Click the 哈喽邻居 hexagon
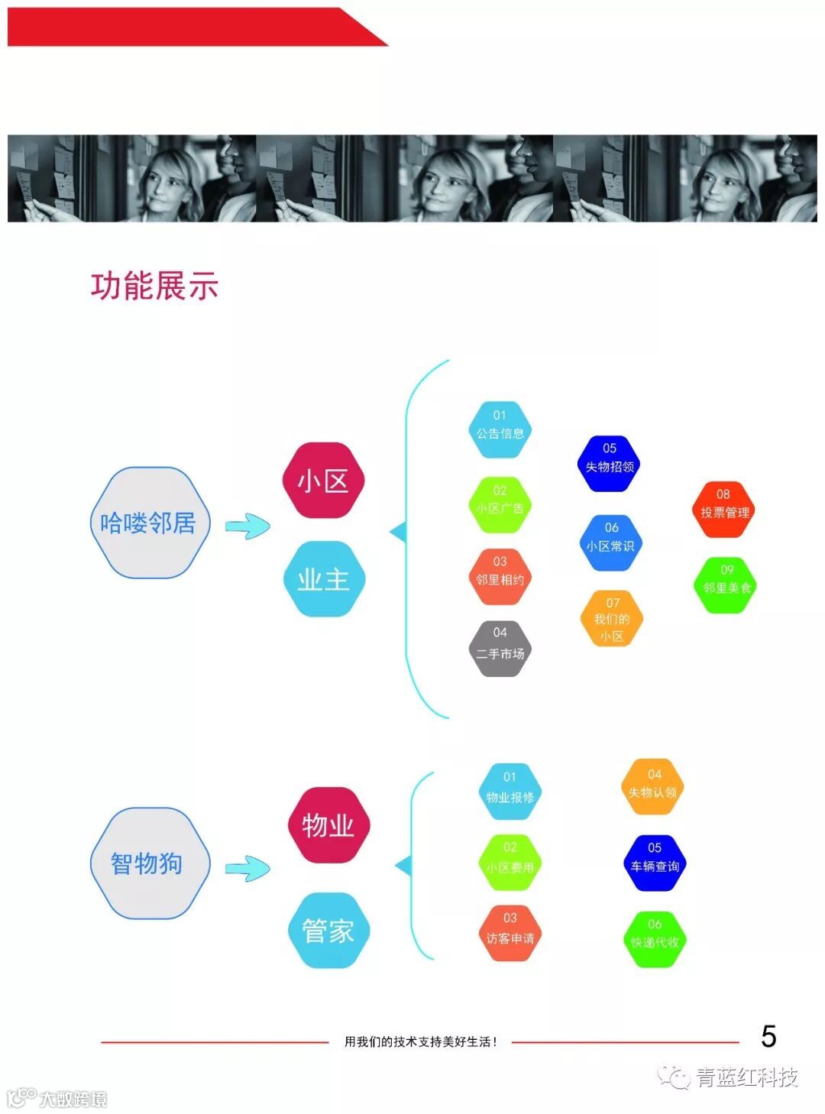pyautogui.click(x=149, y=523)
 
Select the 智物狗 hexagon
pyautogui.click(x=149, y=863)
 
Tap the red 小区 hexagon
pyautogui.click(x=323, y=481)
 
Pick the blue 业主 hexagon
pyautogui.click(x=323, y=578)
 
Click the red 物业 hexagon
pyautogui.click(x=328, y=825)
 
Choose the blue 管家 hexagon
pyautogui.click(x=328, y=930)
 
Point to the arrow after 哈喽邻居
pyautogui.click(x=247, y=526)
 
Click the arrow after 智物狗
pyautogui.click(x=247, y=868)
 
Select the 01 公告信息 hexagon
pyautogui.click(x=500, y=429)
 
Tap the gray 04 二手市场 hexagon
pyautogui.click(x=500, y=649)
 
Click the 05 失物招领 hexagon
pyautogui.click(x=610, y=462)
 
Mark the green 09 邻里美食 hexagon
pyautogui.click(x=726, y=585)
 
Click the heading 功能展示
pyautogui.click(x=155, y=286)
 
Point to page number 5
pyautogui.click(x=768, y=1037)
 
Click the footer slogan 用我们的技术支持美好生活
pyautogui.click(x=420, y=1041)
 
